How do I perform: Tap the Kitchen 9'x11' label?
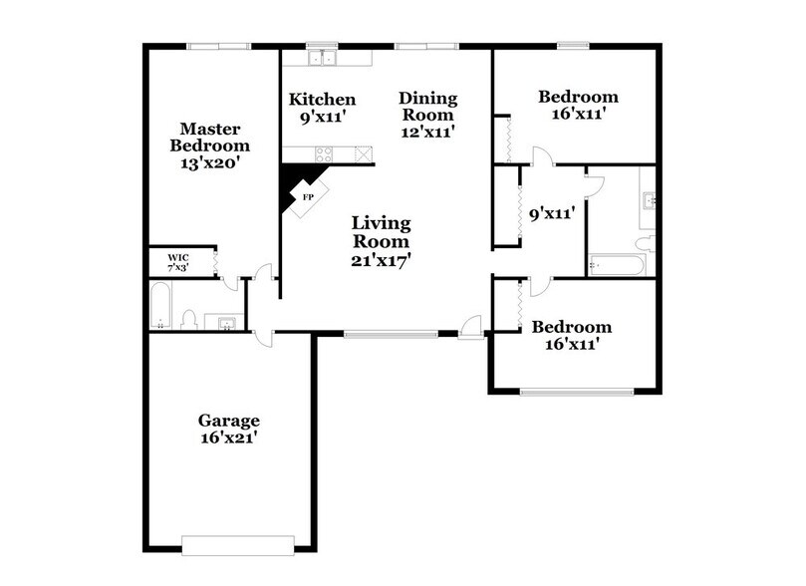322,108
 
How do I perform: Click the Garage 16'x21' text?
228,429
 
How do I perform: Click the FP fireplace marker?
308,197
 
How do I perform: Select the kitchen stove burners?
325,154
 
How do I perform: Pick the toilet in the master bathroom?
188,319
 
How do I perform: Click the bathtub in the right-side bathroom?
617,264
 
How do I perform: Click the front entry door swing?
472,326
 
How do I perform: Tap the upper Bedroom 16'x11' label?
578,105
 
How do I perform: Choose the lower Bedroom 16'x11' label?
571,336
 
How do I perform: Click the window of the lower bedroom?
577,392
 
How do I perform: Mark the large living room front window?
391,334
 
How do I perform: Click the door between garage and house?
261,334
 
